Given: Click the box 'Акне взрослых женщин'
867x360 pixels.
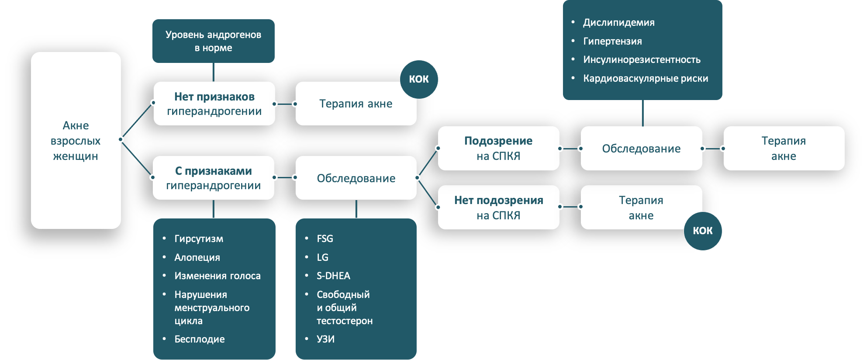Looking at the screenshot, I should [x=76, y=140].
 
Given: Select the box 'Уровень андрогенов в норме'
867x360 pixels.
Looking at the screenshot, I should [x=213, y=41].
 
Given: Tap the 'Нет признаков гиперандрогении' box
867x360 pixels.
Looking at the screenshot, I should [x=214, y=104].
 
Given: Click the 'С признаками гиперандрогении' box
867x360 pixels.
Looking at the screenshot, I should [x=213, y=178].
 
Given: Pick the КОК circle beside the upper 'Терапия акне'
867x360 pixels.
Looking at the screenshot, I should [x=419, y=79].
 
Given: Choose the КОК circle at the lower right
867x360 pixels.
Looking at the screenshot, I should [x=702, y=231].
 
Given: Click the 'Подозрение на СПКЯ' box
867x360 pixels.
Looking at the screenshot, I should [x=498, y=148].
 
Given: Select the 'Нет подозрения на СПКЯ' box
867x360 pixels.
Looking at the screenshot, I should [x=498, y=208].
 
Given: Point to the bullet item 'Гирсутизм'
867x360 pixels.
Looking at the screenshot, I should [x=199, y=239].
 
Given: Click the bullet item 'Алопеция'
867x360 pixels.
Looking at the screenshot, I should [x=197, y=257].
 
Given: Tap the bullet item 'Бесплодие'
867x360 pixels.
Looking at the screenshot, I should [x=199, y=339].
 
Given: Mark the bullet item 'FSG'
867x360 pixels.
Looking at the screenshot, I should [x=325, y=239].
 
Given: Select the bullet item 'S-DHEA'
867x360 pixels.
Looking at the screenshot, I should [x=333, y=276].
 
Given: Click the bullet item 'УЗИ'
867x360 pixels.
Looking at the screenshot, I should [x=325, y=339].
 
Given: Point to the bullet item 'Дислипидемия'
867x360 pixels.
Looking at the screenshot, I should [x=618, y=22].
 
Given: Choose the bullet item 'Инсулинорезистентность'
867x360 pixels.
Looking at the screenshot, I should [x=642, y=59].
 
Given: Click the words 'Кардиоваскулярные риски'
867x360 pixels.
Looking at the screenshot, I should [x=646, y=78].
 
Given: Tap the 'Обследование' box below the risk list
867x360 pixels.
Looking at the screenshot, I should [x=641, y=149].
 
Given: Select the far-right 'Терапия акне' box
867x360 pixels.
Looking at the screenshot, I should [x=784, y=148].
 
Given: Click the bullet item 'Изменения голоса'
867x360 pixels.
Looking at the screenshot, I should [x=218, y=276].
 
